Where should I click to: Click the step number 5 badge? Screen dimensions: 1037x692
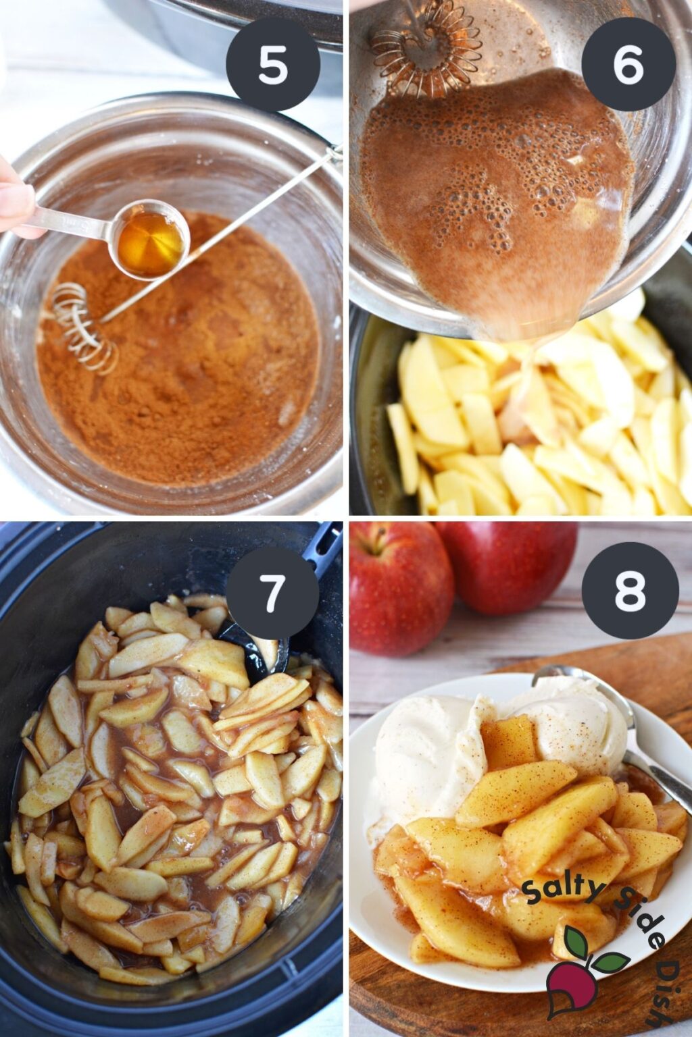(x=273, y=65)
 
